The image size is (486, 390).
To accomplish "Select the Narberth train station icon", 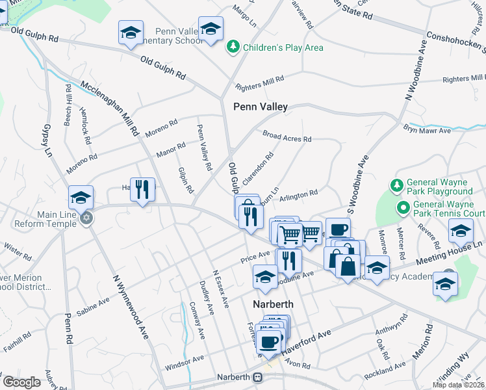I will (258, 377).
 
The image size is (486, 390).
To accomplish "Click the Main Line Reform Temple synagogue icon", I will (86, 220).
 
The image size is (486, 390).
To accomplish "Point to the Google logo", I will (21, 382).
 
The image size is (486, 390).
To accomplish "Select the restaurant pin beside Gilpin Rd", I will (142, 190).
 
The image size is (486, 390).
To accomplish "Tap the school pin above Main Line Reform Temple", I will (81, 198).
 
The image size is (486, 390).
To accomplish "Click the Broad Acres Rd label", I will (287, 137).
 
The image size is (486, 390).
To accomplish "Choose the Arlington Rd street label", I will (299, 193).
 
